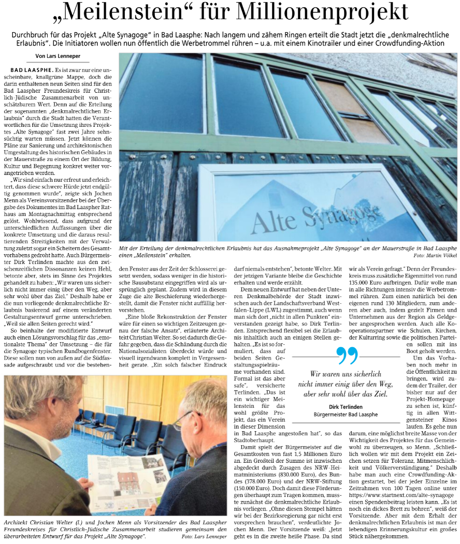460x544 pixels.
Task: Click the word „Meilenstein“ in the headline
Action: pyautogui.click(x=129, y=12)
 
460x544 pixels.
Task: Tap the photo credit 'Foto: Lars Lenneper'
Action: pyautogui.click(x=204, y=536)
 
